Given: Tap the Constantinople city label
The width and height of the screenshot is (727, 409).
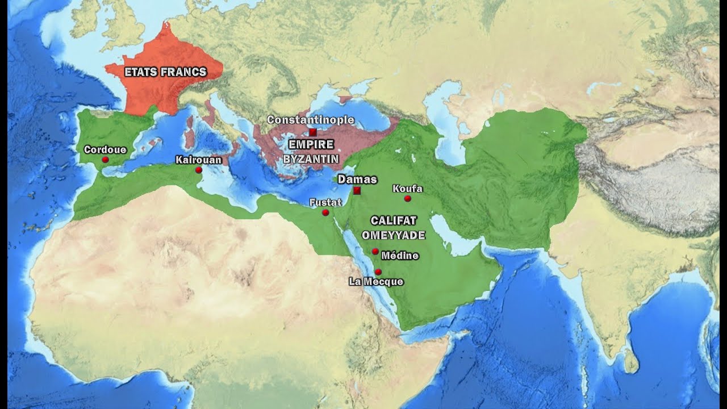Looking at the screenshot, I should point(311,120).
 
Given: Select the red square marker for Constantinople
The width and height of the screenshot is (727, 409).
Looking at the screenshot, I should point(313,132).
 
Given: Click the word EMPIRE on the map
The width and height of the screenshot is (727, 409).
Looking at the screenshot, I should point(311,144).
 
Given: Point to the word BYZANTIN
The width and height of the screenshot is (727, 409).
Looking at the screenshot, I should point(311,158).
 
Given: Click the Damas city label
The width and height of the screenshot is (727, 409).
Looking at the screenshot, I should point(357,180).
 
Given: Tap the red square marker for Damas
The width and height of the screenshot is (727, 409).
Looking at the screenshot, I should point(357,191).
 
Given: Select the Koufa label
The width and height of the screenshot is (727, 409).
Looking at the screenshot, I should point(408,189).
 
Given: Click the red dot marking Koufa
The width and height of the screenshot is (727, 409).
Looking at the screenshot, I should point(407,198).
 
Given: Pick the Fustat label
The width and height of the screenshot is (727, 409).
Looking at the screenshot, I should point(325,202).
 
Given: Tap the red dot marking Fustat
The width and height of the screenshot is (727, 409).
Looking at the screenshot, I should point(325,212).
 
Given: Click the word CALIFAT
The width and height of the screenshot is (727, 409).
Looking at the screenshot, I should point(394,220).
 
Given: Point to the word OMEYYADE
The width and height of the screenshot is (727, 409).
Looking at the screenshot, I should point(394,235).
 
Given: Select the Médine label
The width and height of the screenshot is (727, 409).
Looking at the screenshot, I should point(400,256).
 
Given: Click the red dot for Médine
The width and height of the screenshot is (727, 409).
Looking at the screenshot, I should point(375,251).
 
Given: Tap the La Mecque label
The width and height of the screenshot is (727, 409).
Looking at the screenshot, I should point(376,281).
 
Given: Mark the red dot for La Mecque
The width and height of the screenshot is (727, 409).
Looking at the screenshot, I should point(378,272).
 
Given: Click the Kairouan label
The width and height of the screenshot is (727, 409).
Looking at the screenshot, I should point(198,160).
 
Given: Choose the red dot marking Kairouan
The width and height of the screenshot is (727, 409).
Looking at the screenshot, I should point(199,170).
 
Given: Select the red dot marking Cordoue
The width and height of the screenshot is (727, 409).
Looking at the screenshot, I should point(105,160).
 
